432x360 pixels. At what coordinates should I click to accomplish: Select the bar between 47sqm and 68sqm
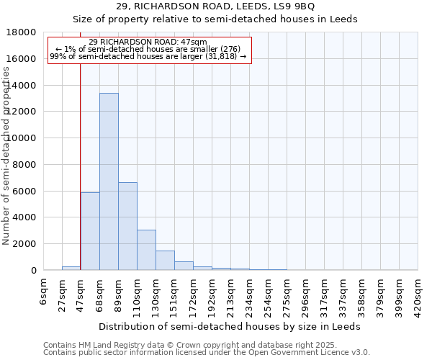click(90, 231)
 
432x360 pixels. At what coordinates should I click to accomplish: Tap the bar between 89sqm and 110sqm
click(127, 226)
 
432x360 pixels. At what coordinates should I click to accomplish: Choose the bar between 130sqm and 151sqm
click(165, 260)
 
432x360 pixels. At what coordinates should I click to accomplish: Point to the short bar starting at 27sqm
click(71, 268)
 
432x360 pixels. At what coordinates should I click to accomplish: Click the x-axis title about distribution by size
click(230, 326)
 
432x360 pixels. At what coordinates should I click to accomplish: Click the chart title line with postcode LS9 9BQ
click(215, 6)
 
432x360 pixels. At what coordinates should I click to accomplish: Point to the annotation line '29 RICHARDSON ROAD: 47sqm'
click(149, 42)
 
